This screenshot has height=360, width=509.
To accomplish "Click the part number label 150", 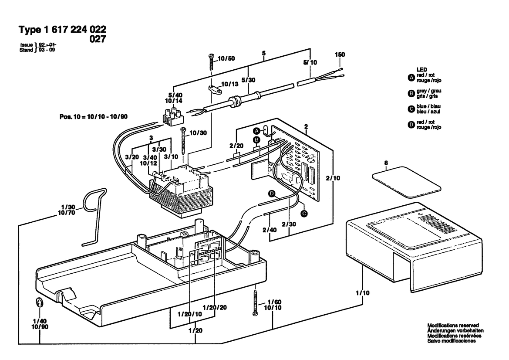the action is coord(340,54).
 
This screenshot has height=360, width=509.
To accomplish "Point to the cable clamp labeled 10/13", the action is coord(214,90).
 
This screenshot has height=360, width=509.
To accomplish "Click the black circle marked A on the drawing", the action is coord(257,131).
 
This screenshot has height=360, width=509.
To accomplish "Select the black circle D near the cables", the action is coord(272,194).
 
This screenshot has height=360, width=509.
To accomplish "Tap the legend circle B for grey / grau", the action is coord(411,94).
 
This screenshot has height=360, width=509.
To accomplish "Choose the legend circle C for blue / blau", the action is coord(411,109).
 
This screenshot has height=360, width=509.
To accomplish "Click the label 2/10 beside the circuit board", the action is coord(333,178).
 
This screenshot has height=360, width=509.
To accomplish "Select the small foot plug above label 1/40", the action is coord(39,302).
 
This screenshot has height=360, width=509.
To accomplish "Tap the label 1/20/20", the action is coord(215,307).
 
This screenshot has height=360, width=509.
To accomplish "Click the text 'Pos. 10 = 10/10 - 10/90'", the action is coord(94,117).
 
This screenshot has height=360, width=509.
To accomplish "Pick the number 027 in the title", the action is coord(98,39).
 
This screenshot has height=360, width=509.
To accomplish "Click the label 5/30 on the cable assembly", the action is coord(248,80).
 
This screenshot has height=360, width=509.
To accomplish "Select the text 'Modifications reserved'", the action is coord(453,325).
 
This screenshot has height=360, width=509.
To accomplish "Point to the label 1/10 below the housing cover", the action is coord(363,293).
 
